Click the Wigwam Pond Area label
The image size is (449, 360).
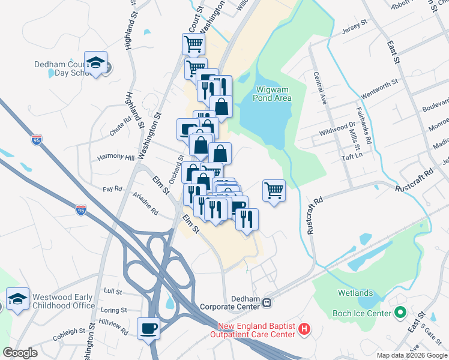click(274, 94)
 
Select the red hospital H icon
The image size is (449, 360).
click(304, 329)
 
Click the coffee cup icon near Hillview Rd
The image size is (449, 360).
click(148, 328)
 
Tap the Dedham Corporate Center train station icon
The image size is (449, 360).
click(267, 303)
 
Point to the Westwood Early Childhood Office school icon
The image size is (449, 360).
click(17, 299)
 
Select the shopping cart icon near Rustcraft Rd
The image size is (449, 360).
click(274, 190)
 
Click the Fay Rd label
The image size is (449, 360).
click(112, 188)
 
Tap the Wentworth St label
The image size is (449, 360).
click(379, 89)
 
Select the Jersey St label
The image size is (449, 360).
click(354, 26)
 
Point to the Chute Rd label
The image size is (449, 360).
click(120, 124)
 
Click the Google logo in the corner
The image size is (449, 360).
click(20, 353)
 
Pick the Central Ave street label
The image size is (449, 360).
click(319, 88)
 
